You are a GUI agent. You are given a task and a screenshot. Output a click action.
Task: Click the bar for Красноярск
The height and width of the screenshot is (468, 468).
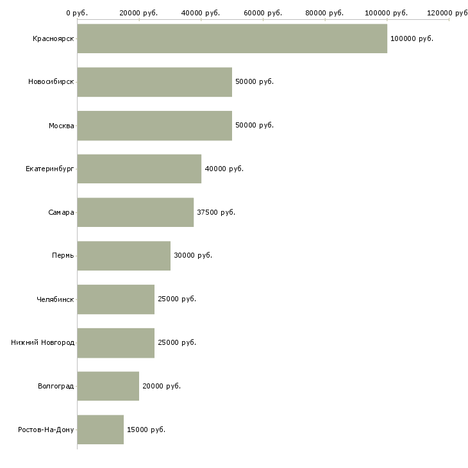[232, 38]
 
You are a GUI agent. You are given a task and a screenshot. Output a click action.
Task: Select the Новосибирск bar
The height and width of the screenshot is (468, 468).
[155, 82]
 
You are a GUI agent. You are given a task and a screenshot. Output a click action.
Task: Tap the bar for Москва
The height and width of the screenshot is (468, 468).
[155, 126]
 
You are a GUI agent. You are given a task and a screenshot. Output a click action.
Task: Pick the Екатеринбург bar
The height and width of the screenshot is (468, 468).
[139, 169]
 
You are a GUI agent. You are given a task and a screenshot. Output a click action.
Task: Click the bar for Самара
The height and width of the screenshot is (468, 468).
[135, 212]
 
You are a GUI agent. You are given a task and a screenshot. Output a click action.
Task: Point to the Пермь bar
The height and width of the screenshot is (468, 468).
[124, 256]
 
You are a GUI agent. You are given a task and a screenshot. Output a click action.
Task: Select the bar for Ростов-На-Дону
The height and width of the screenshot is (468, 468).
[101, 430]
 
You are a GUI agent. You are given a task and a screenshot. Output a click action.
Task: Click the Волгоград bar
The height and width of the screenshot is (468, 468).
[108, 386]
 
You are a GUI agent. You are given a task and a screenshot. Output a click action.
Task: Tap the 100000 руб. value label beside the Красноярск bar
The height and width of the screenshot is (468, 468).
[412, 39]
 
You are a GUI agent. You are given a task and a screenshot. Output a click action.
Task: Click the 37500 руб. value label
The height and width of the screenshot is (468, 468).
[216, 212]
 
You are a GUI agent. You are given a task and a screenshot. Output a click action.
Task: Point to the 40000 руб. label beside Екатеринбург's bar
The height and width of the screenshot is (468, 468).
[224, 169]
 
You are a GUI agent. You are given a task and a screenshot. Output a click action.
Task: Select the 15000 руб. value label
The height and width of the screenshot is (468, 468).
[146, 430]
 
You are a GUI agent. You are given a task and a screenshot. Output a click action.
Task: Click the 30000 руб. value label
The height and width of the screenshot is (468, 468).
[193, 256]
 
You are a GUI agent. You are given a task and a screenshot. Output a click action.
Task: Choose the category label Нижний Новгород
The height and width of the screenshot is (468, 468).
[43, 342]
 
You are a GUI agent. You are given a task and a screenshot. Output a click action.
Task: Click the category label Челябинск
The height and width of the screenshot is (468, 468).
[55, 299]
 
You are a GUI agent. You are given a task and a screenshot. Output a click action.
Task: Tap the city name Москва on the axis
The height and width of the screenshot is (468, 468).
[61, 126]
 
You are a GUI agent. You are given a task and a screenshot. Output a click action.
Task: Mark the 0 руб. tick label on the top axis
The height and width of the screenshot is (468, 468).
[77, 13]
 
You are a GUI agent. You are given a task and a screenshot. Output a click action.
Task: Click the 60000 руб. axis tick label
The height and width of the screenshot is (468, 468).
[263, 13]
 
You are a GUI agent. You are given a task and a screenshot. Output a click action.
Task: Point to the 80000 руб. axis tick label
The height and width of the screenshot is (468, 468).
[324, 13]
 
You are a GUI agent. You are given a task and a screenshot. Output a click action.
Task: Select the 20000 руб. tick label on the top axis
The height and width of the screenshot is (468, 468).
[138, 13]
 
